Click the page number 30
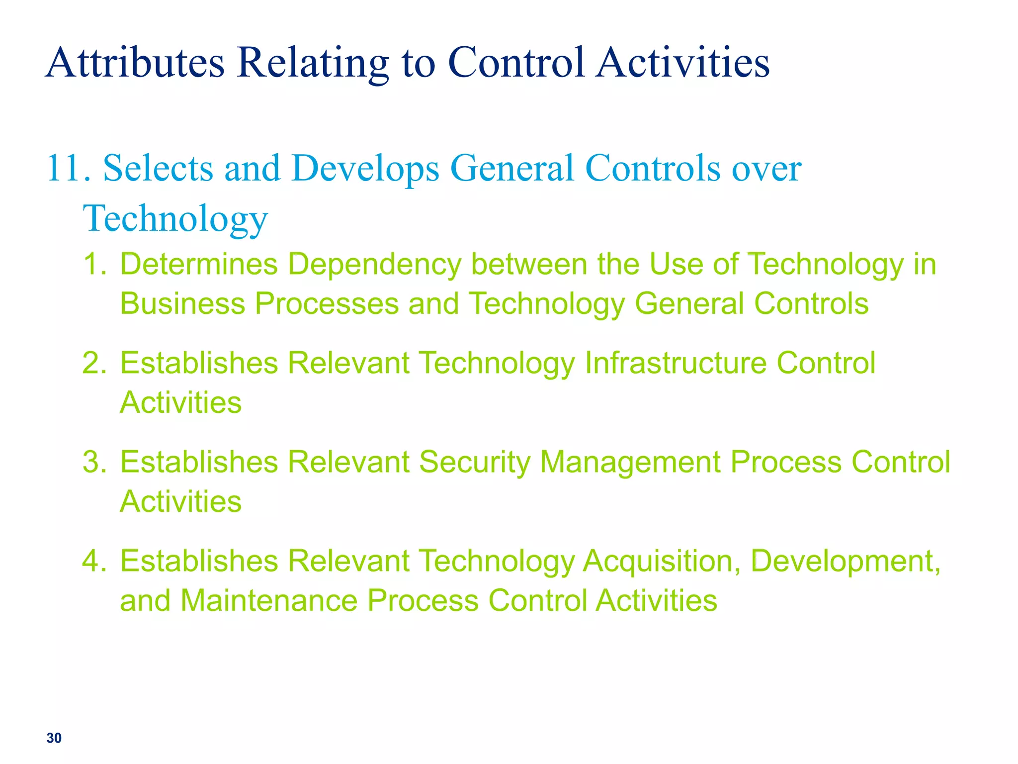(54, 738)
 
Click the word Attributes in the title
(135, 63)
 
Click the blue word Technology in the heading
(175, 219)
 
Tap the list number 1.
(94, 264)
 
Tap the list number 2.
(94, 363)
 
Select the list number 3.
(94, 462)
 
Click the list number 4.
(94, 561)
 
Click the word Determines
(199, 264)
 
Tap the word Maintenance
(269, 600)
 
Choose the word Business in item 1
(182, 303)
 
